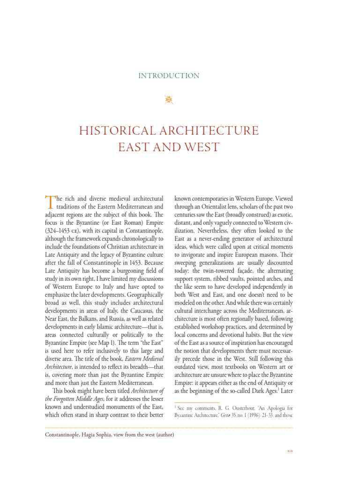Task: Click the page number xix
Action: point(289,451)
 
